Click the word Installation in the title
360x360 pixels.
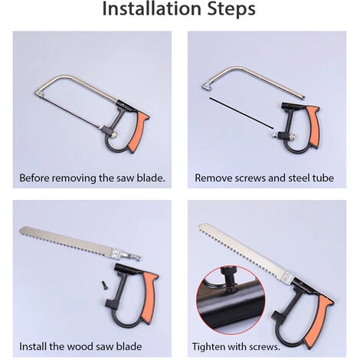[152, 8]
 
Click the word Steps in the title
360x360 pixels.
[231, 9]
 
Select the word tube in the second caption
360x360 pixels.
[324, 178]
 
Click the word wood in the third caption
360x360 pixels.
[77, 346]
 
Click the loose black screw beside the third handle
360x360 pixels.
[105, 284]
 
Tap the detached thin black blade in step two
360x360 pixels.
[241, 113]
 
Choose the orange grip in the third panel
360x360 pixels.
[150, 296]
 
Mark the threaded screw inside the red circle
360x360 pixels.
[230, 283]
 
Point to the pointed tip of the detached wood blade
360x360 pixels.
[20, 231]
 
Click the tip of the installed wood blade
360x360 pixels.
[200, 226]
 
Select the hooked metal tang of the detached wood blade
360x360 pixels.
[131, 256]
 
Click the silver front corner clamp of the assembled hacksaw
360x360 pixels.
[39, 93]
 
